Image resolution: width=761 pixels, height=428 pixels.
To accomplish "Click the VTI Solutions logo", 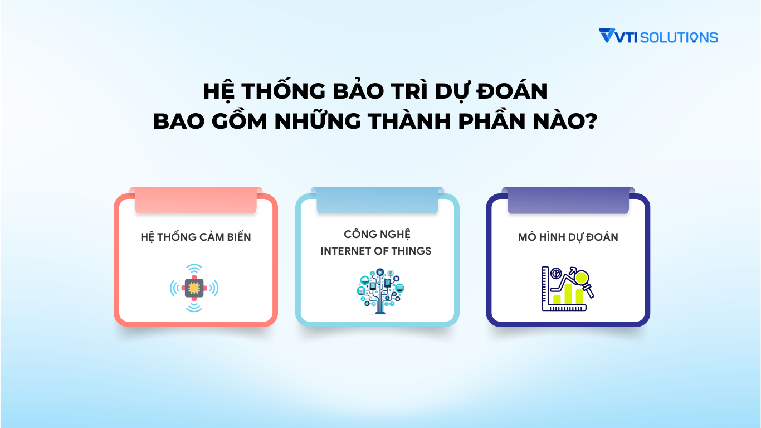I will click(x=658, y=37).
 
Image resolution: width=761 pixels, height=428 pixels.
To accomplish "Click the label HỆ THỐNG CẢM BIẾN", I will click(x=196, y=237).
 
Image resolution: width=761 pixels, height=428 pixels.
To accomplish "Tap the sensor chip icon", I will click(x=194, y=288).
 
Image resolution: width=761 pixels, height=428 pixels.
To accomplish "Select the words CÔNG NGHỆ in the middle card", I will click(x=377, y=234).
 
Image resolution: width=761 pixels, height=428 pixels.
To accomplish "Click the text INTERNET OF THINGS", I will click(x=376, y=251).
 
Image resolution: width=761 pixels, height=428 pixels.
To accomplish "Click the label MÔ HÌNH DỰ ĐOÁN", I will click(x=568, y=237).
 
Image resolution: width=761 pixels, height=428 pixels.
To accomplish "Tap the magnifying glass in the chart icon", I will click(x=583, y=279).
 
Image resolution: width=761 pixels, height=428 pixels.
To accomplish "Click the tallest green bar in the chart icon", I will click(x=568, y=294).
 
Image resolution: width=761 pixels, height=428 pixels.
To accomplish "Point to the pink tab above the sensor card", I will click(x=196, y=201).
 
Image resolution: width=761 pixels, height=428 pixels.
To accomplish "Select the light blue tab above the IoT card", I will click(x=377, y=201).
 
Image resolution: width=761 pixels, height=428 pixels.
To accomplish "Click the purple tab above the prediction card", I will click(x=568, y=201).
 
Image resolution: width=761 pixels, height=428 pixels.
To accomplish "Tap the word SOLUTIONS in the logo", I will click(x=679, y=37).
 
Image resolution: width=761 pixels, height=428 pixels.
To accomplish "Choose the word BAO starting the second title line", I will click(x=178, y=121).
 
